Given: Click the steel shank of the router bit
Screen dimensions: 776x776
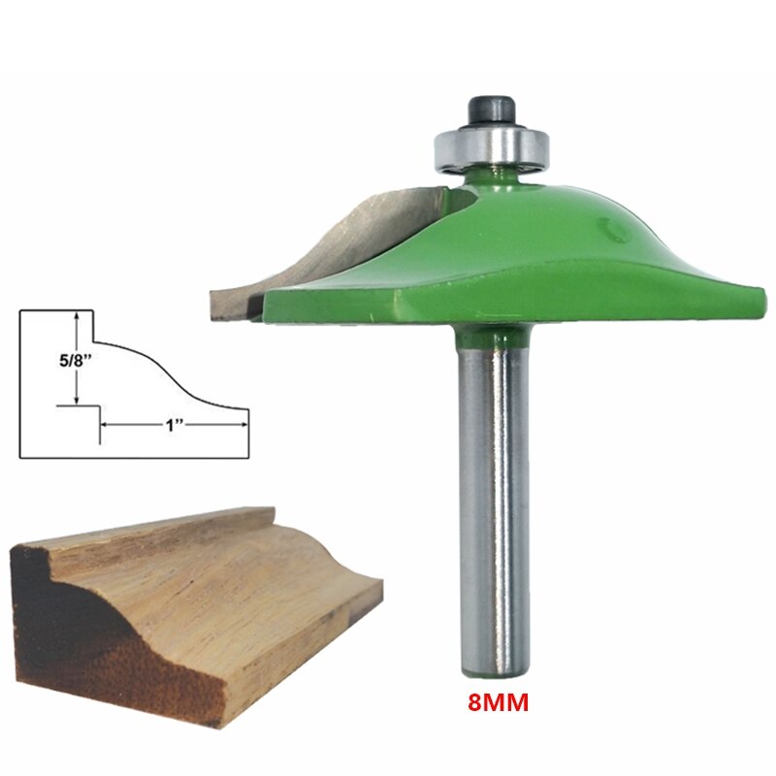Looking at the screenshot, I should tap(495, 504).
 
